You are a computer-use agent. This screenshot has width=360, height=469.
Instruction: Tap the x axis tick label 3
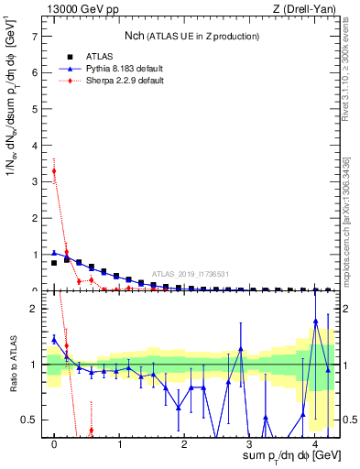250,444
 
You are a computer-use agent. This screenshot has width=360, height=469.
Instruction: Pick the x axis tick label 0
54,444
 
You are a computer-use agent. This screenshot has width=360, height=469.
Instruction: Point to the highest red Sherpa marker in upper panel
54,171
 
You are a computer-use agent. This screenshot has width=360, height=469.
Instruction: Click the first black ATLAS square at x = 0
54,263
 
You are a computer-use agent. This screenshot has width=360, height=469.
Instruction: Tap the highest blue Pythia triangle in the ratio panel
315,322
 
